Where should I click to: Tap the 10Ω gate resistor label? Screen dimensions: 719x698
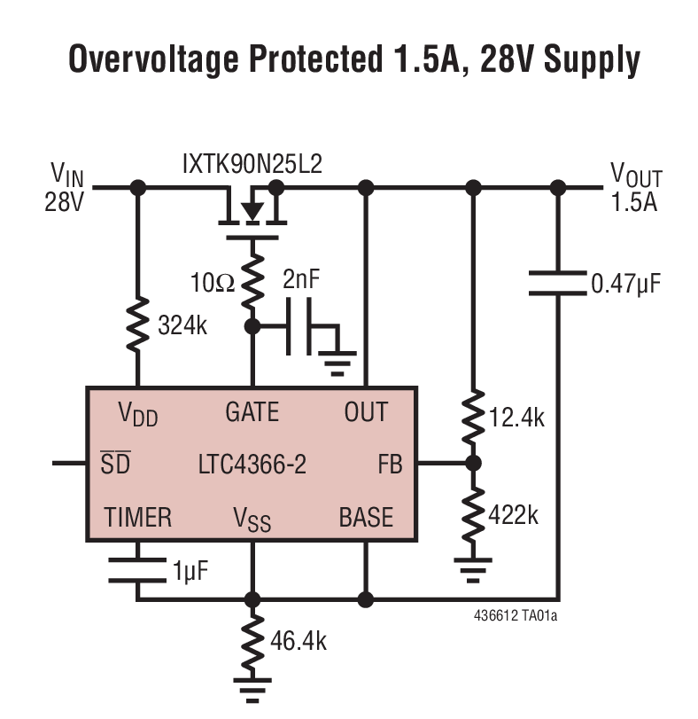pyautogui.click(x=213, y=283)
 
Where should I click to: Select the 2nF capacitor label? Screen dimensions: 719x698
pyautogui.click(x=302, y=279)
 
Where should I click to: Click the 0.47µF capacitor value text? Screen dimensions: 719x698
pyautogui.click(x=625, y=284)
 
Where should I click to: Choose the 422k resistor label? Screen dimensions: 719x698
pyautogui.click(x=515, y=514)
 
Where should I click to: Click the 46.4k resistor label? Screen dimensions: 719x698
pyautogui.click(x=298, y=640)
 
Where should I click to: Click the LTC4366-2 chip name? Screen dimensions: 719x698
pyautogui.click(x=252, y=464)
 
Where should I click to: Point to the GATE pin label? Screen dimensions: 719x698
pyautogui.click(x=252, y=412)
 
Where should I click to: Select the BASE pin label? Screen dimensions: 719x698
pyautogui.click(x=366, y=516)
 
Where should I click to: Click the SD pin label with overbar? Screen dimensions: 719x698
pyautogui.click(x=115, y=463)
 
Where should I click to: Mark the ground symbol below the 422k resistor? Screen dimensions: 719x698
pyautogui.click(x=473, y=570)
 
